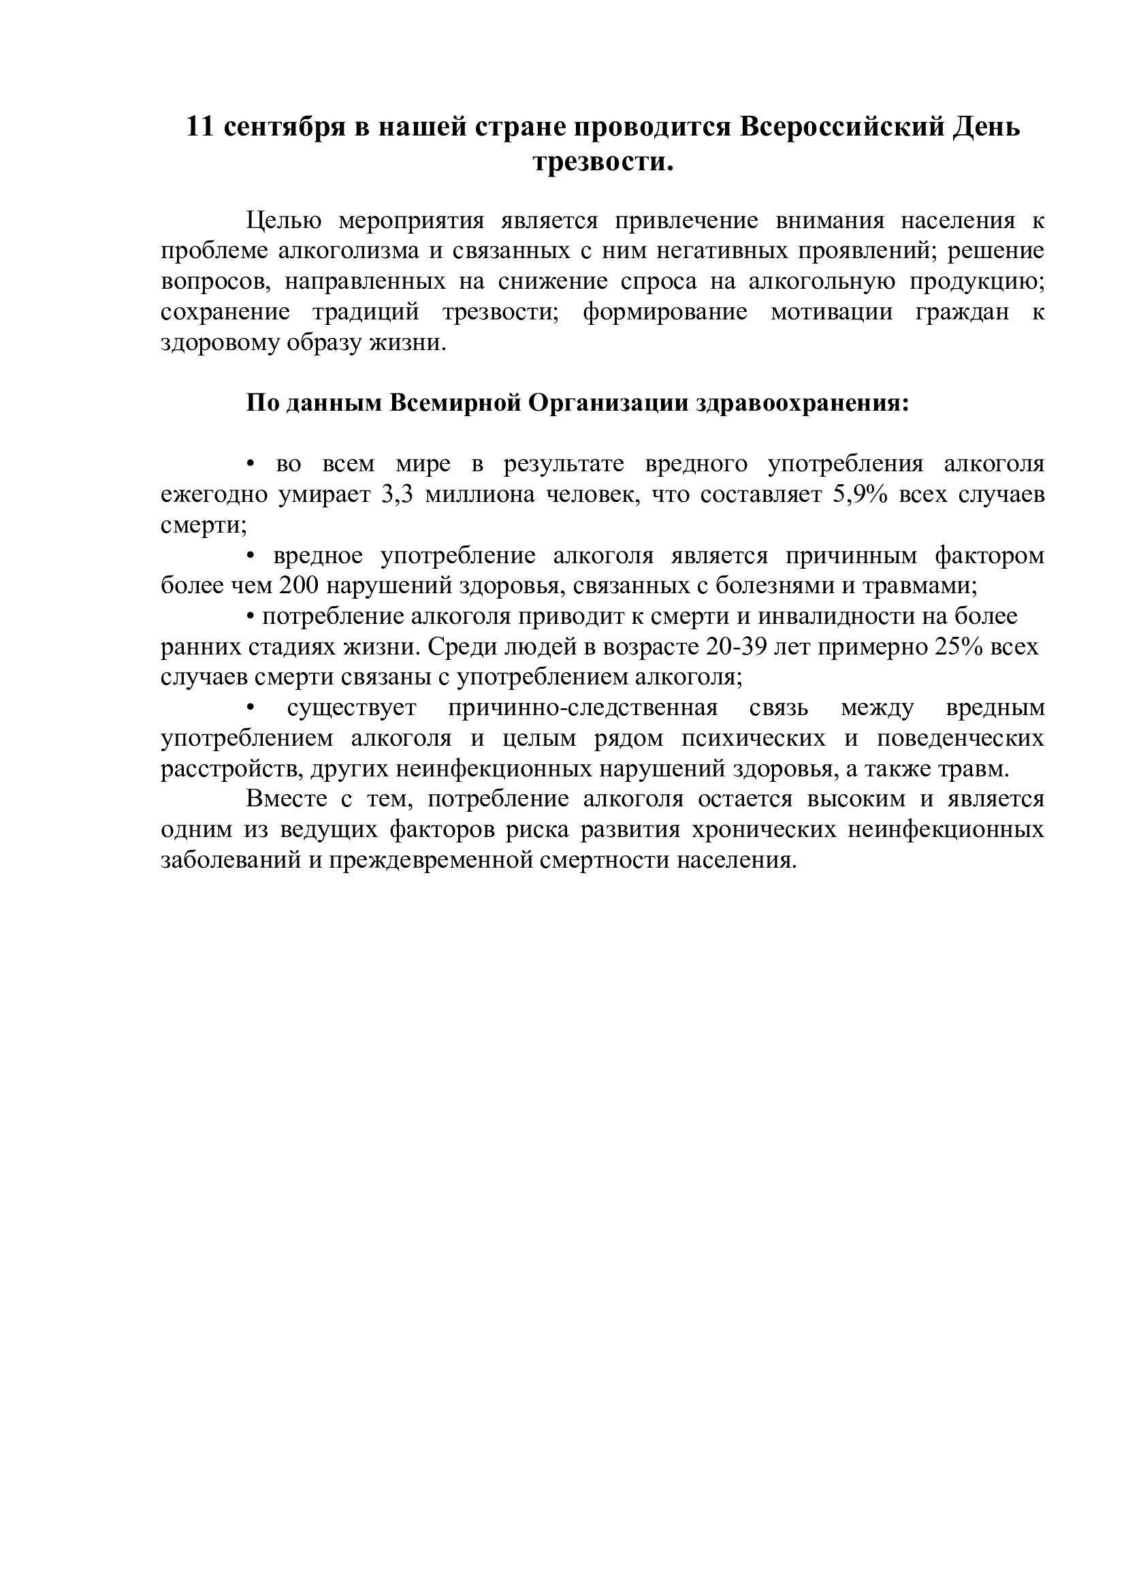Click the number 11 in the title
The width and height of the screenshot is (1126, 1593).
(199, 127)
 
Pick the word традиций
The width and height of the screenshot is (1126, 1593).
(366, 312)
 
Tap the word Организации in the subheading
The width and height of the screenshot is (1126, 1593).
(607, 403)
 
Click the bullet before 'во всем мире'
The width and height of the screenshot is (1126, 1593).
(252, 465)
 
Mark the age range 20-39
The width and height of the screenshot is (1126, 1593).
(735, 647)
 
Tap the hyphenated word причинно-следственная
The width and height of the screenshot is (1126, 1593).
(583, 708)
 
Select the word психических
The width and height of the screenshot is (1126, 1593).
(754, 739)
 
